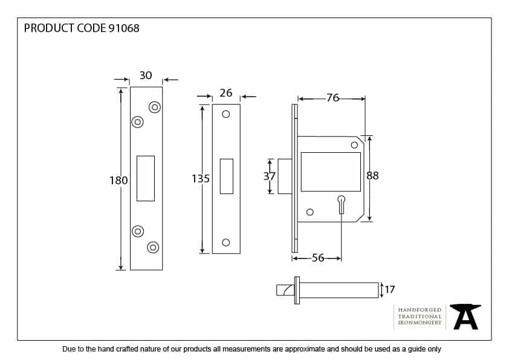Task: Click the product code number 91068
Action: pyautogui.click(x=124, y=28)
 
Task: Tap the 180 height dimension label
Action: pyautogui.click(x=118, y=181)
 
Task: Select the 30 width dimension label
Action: pyautogui.click(x=146, y=76)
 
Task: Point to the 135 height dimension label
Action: pyautogui.click(x=201, y=179)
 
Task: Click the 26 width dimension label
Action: pyautogui.click(x=226, y=93)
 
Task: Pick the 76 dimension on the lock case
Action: pyautogui.click(x=332, y=98)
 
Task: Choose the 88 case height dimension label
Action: pyautogui.click(x=372, y=175)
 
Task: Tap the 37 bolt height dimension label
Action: pyautogui.click(x=270, y=176)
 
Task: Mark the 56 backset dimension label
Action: pyautogui.click(x=318, y=258)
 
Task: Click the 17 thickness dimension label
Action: pyautogui.click(x=389, y=289)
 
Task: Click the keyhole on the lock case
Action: pyautogui.click(x=341, y=204)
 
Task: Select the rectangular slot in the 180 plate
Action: pyautogui.click(x=146, y=178)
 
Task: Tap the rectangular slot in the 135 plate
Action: pyautogui.click(x=227, y=176)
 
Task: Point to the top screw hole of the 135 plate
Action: pyautogui.click(x=226, y=114)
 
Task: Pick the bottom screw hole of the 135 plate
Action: pyautogui.click(x=226, y=242)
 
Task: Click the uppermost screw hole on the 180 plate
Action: pyautogui.click(x=155, y=107)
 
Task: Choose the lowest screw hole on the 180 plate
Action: pyautogui.click(x=153, y=248)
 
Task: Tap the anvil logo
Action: pyautogui.click(x=465, y=317)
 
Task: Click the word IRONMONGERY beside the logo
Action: pyautogui.click(x=420, y=323)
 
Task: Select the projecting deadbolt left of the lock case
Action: pyautogui.click(x=285, y=176)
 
